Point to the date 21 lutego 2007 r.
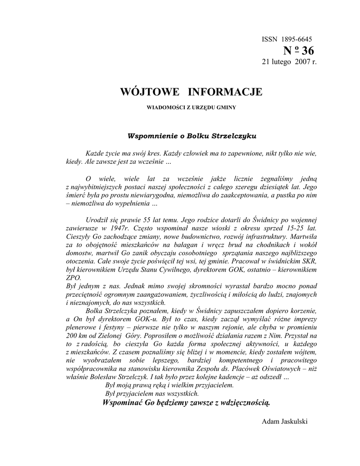tap(289, 61)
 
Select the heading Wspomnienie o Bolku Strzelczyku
tap(192, 136)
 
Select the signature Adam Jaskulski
tap(284, 421)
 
